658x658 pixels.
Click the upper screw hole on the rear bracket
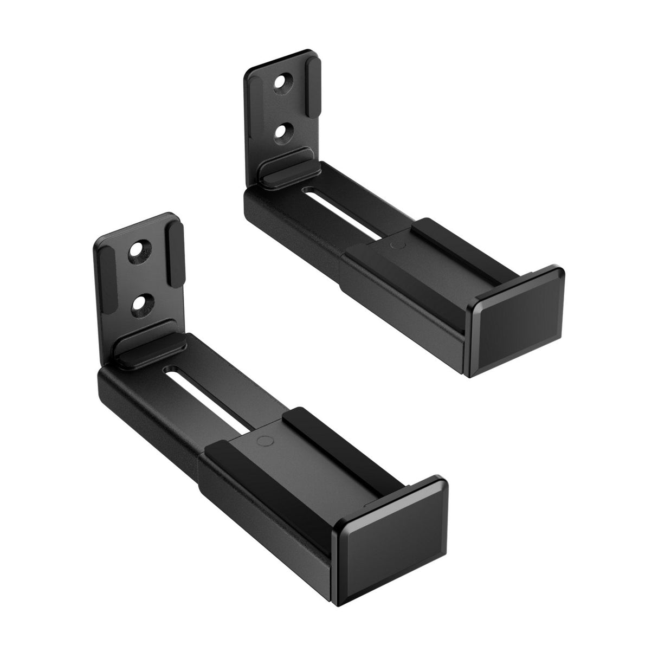coord(282,82)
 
